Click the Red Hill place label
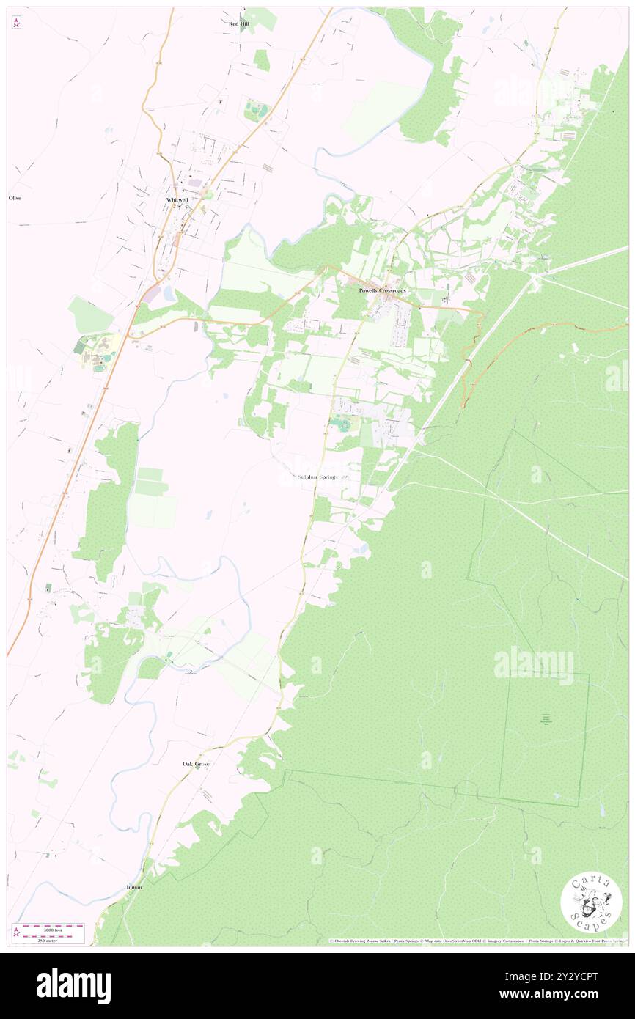coord(239,23)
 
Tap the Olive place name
coord(14,198)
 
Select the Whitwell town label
coord(177,199)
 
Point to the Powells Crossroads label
coord(381,290)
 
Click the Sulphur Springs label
coord(317,477)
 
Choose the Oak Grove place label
coord(196,764)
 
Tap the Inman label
coord(134,886)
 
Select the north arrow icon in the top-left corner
coord(16,23)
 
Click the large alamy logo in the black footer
coord(73,986)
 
